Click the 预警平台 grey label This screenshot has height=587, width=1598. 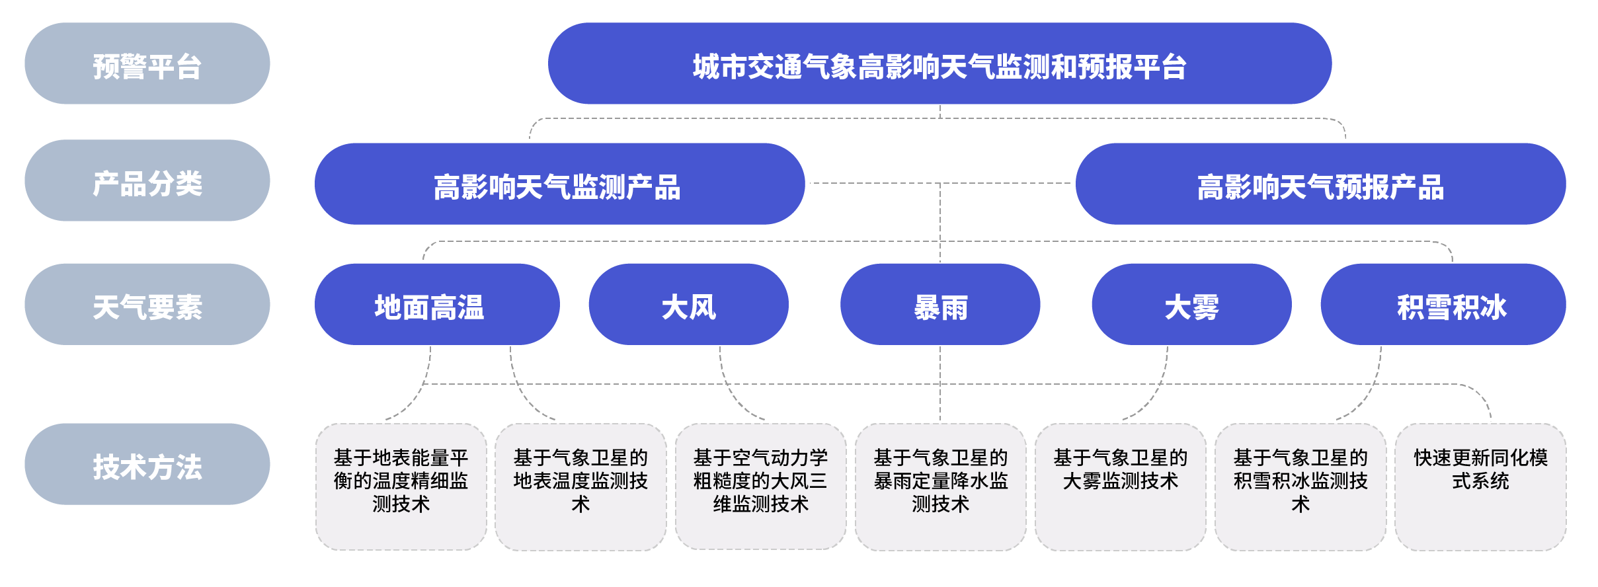coord(147,64)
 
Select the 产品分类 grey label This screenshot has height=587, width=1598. coord(147,181)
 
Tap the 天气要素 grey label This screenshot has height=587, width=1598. coord(147,305)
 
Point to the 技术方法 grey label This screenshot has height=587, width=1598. coord(147,465)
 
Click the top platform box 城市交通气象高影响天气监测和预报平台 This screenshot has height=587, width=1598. coord(939,64)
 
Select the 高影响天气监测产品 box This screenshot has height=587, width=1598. coord(559,184)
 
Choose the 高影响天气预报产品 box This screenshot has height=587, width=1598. coord(1320,184)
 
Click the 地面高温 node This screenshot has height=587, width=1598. coord(436,305)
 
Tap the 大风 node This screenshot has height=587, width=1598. coord(688,305)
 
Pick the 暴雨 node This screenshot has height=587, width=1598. coord(939,305)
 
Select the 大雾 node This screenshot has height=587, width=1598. coord(1191,305)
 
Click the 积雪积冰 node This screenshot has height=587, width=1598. coord(1443,305)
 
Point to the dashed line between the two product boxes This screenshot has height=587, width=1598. coord(873,183)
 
